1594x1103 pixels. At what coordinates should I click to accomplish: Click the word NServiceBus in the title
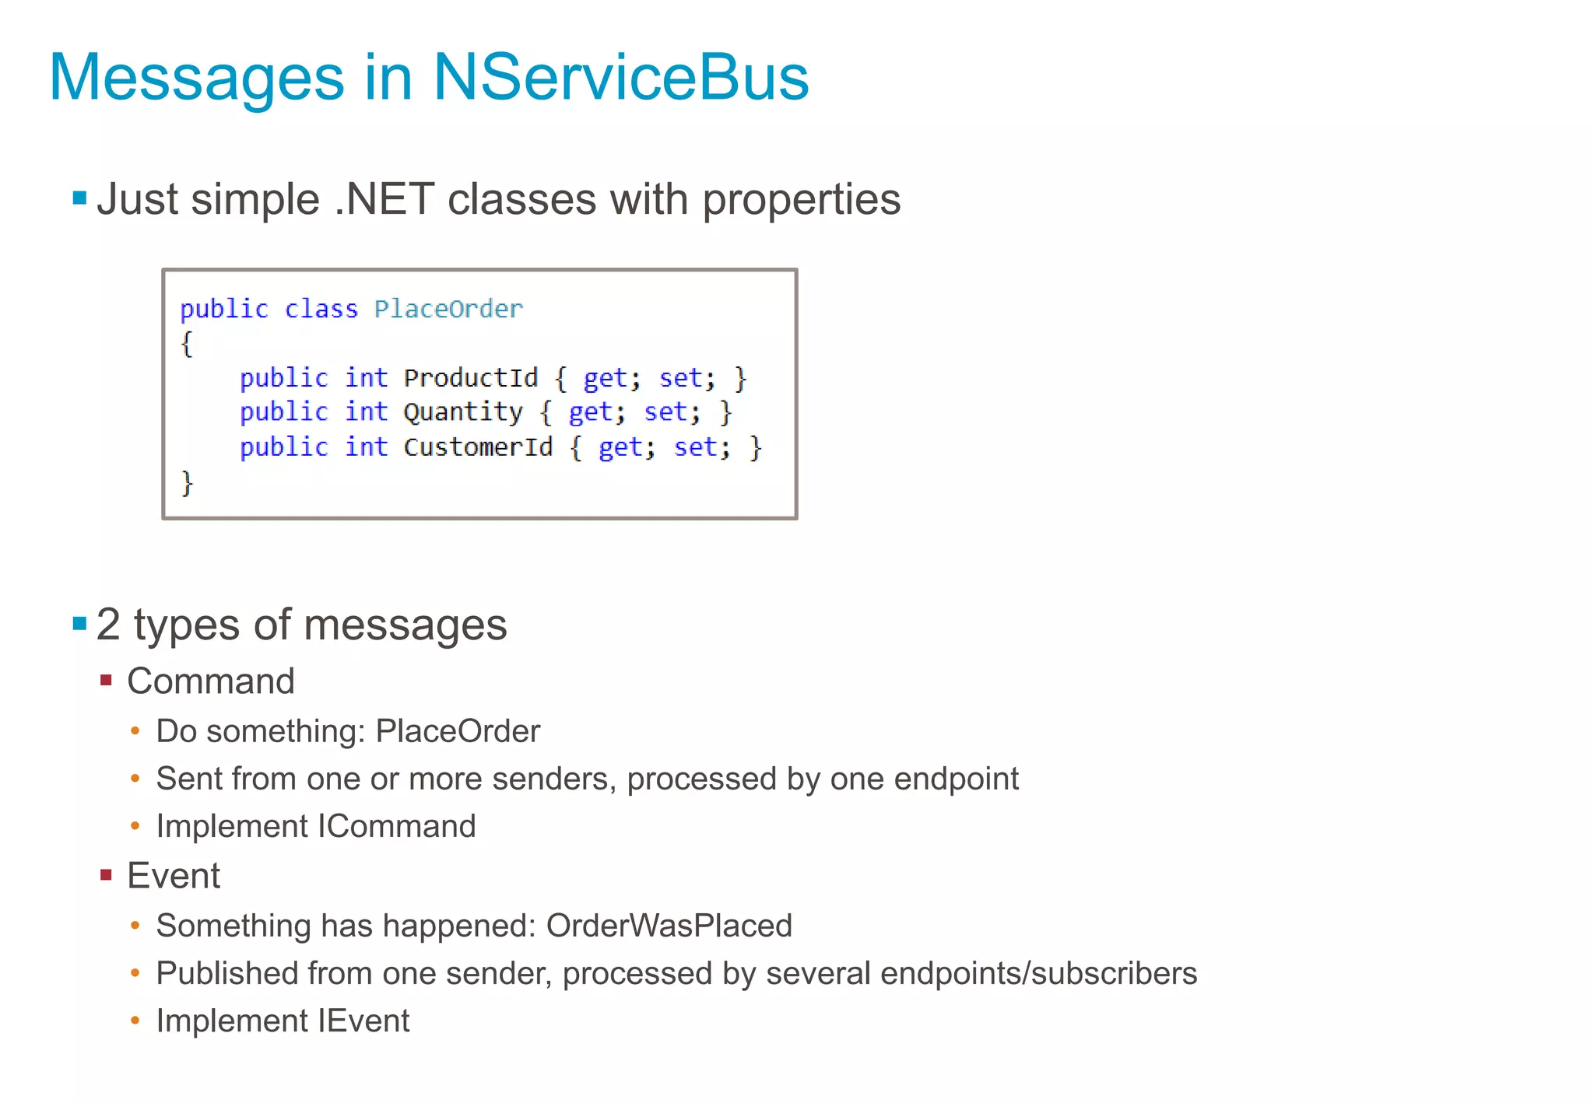coord(620,77)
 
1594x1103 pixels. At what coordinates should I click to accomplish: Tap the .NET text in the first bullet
coord(384,199)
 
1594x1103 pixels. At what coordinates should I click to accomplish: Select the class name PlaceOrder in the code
coord(448,309)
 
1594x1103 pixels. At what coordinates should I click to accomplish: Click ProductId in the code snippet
coord(470,378)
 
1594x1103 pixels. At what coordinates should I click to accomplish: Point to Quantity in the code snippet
coord(462,412)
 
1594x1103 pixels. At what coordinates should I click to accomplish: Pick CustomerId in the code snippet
coord(477,447)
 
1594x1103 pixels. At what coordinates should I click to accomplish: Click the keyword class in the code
coord(321,309)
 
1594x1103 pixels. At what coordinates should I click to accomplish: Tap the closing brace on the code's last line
coord(187,482)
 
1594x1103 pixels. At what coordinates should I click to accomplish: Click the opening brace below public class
coord(187,343)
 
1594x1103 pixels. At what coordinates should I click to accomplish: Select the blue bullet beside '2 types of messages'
coord(79,623)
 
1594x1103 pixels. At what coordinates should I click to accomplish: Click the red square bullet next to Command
coord(107,681)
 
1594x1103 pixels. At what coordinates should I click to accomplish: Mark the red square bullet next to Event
coord(107,875)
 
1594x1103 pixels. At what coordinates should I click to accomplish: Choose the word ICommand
coord(397,826)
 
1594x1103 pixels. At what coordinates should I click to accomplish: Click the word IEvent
coord(363,1021)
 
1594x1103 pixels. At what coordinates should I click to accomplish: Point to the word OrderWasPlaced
coord(669,926)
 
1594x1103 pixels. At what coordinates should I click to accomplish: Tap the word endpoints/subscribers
coord(1038,973)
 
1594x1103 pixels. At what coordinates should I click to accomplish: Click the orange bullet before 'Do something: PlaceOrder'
coord(135,731)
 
